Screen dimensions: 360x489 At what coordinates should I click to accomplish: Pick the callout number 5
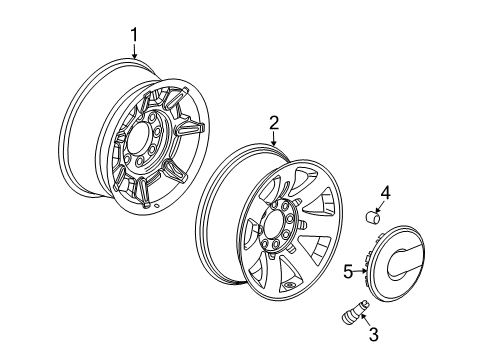pos(348,269)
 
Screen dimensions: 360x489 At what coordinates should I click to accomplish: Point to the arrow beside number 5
pos(362,269)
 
